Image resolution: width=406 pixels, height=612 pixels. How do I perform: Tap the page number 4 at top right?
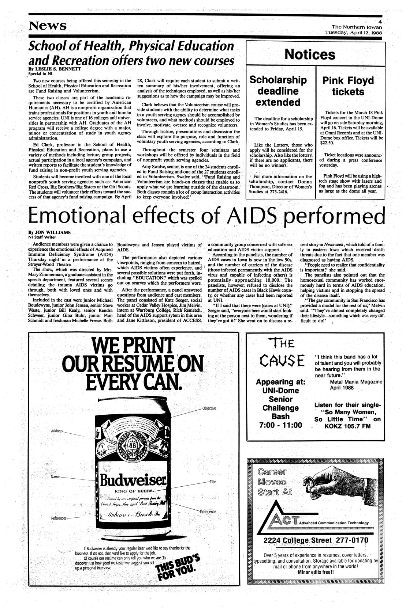[x=380, y=21]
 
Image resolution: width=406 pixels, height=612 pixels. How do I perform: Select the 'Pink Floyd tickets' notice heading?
[x=348, y=85]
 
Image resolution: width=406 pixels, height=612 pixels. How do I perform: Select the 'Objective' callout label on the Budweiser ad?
[x=209, y=408]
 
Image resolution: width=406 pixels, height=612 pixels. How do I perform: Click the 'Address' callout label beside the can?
[x=57, y=431]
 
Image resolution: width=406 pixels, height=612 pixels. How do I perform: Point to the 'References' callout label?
[x=59, y=518]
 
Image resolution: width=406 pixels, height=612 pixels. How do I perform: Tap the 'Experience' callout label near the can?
[x=208, y=512]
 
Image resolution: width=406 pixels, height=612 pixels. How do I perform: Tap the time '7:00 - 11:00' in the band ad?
[x=280, y=425]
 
